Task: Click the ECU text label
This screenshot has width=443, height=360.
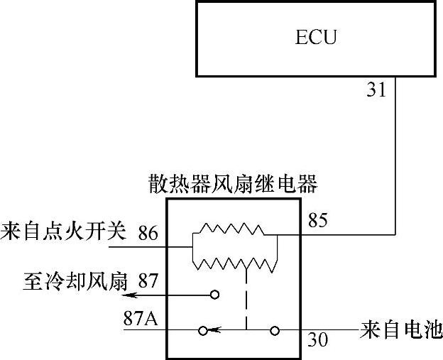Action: (316, 37)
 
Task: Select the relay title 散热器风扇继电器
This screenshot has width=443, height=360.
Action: (232, 184)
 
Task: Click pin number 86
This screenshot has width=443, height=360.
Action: (149, 232)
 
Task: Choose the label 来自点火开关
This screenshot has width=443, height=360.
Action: (64, 231)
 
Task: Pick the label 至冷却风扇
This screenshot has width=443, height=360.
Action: (75, 282)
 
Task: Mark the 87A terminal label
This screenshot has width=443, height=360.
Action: (141, 317)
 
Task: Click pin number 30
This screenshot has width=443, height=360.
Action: (319, 341)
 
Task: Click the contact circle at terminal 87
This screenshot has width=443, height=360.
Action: (214, 293)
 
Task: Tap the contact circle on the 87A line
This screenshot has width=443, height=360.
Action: (202, 330)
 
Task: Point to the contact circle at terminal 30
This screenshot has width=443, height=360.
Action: (275, 330)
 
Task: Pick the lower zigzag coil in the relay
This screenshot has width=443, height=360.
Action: (234, 263)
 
